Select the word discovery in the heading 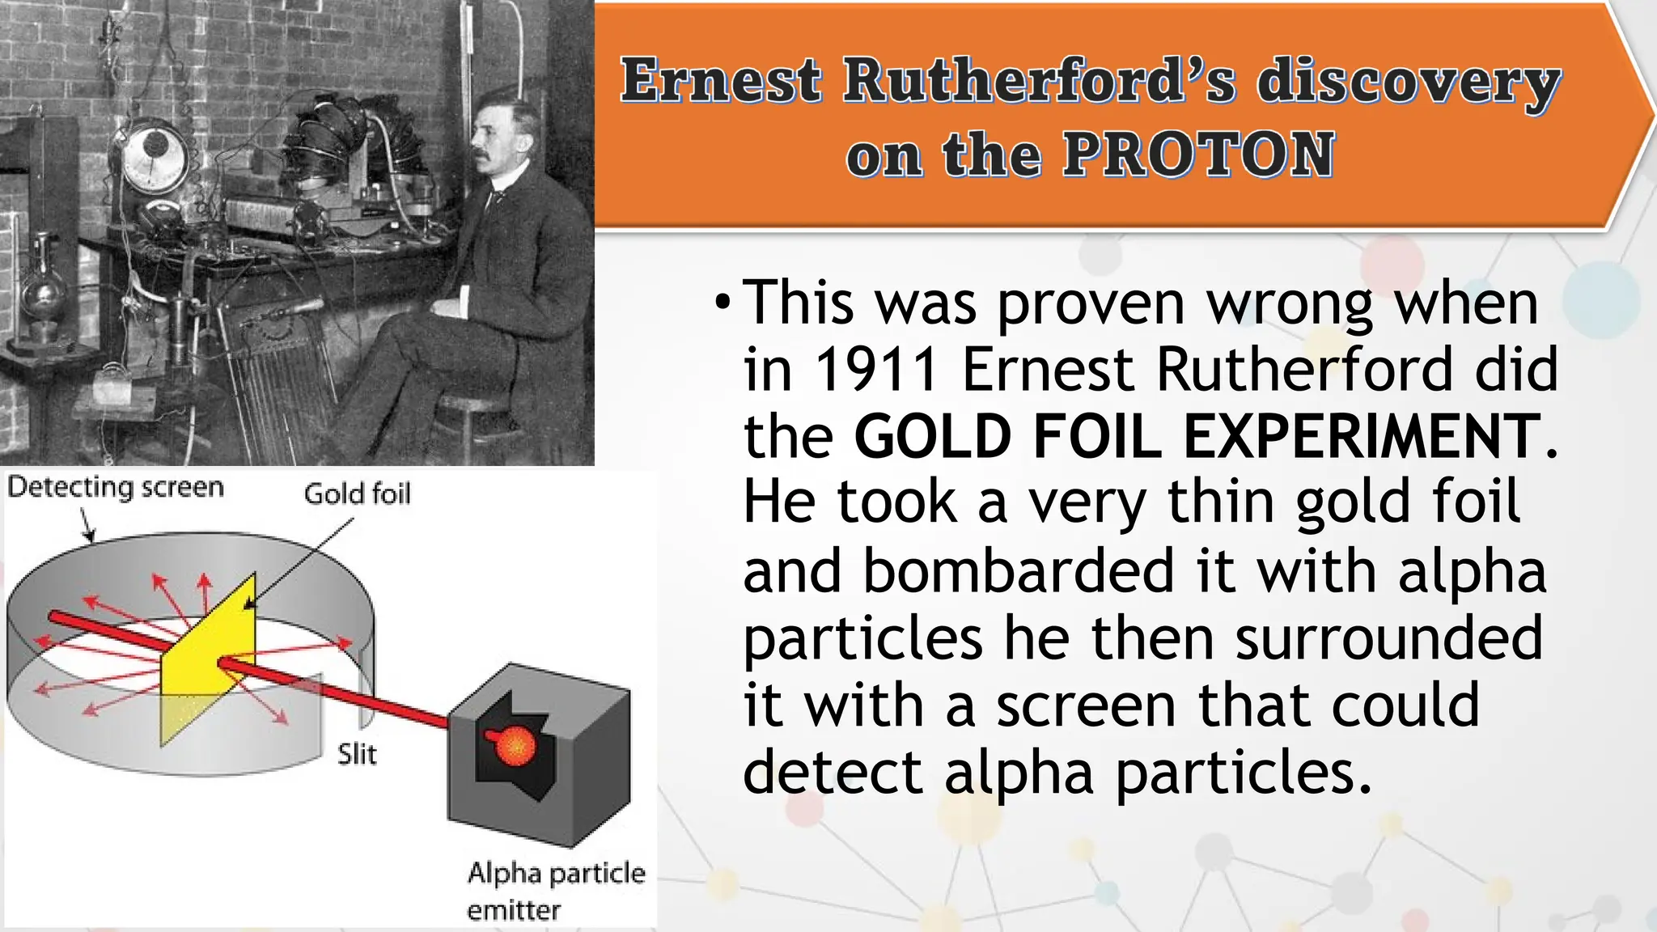tap(1408, 83)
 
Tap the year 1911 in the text tap(876, 370)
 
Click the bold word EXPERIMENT tap(1361, 437)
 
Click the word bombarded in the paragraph tap(1017, 571)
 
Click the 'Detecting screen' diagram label tap(115, 487)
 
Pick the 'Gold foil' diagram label tap(357, 494)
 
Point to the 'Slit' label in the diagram tap(357, 754)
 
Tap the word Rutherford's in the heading tap(1039, 83)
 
